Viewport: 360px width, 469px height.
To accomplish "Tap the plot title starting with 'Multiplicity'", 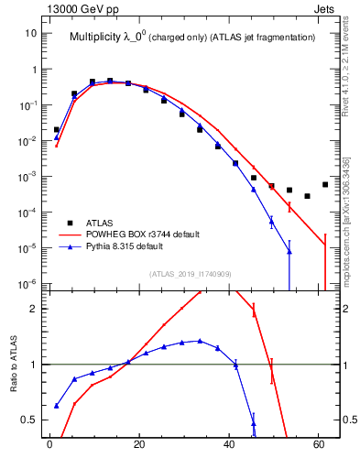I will pyautogui.click(x=192, y=38).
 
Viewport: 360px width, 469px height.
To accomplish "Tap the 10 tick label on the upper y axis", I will pyautogui.click(x=30, y=33).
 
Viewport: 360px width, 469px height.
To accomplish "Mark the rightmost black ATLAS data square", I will pyautogui.click(x=325, y=184).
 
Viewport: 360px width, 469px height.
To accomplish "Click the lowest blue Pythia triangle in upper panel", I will pyautogui.click(x=289, y=251).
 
